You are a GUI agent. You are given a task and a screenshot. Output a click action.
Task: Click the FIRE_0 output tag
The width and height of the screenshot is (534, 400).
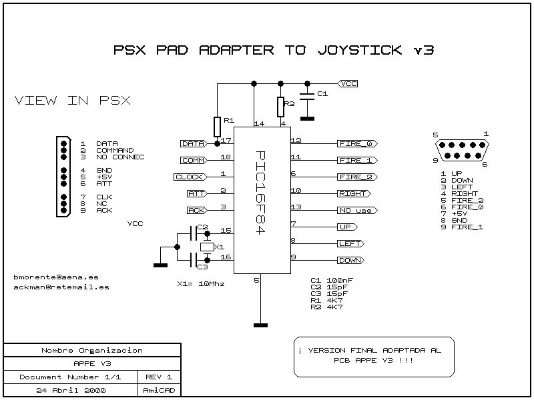point(358,143)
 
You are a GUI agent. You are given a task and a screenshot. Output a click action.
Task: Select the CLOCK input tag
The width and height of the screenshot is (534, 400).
point(190,177)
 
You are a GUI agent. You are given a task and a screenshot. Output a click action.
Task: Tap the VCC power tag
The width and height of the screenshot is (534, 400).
point(348,83)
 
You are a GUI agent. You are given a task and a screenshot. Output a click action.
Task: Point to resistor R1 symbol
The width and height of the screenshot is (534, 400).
point(217,126)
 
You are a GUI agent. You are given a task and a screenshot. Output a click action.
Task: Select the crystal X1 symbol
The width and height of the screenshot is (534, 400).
point(207,247)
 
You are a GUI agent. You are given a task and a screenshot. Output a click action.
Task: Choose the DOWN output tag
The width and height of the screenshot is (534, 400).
point(351,260)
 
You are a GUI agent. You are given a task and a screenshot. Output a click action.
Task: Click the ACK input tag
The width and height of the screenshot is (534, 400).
point(196,210)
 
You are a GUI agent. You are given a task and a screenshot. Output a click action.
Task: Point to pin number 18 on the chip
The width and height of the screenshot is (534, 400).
point(225,157)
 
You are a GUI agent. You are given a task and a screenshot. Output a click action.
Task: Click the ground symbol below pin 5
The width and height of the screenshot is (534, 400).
point(260,325)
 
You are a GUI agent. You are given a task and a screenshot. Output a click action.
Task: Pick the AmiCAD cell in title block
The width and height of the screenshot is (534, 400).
point(159,389)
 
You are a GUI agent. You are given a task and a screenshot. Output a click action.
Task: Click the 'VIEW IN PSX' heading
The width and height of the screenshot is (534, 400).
point(72,101)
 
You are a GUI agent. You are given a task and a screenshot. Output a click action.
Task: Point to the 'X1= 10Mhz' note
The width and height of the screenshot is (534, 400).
point(200,283)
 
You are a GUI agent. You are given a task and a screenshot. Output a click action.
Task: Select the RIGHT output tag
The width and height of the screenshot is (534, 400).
point(353,193)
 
